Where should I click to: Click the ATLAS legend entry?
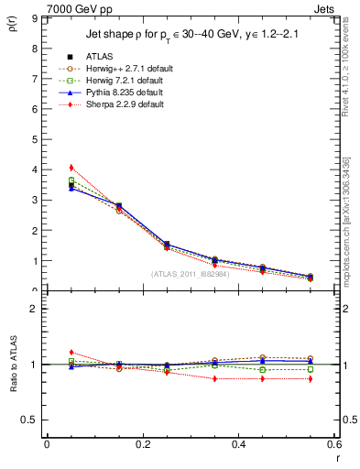(x=101, y=57)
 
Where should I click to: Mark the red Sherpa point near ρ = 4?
(x=71, y=168)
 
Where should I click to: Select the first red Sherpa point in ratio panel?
(x=71, y=352)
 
